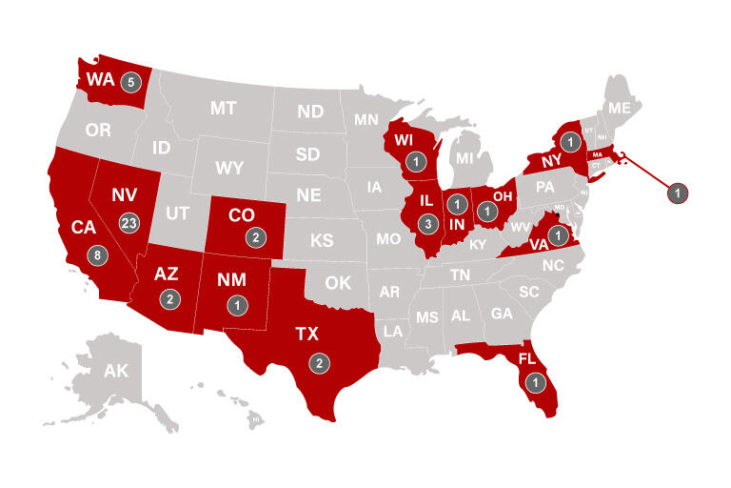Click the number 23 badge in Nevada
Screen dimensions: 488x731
129,222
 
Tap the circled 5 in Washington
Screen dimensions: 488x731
130,81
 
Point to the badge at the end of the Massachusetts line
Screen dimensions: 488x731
677,192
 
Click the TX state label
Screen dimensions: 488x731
307,335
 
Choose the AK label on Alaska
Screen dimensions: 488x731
115,371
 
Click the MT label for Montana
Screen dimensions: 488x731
223,108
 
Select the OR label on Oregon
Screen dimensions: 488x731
99,130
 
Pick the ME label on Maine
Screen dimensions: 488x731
620,109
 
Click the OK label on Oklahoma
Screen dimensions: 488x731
338,283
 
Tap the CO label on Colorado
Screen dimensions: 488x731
242,215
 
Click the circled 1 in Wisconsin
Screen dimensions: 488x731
416,163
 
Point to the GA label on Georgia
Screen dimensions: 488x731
502,313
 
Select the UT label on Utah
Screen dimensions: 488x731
178,212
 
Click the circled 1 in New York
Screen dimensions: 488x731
569,142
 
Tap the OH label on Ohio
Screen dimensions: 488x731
504,198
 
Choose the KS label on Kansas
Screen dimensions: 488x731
322,241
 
